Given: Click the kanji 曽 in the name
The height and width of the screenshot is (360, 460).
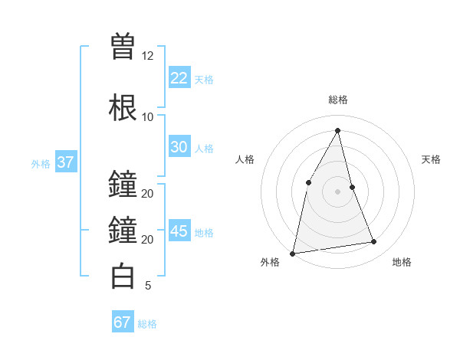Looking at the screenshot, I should coord(123,46).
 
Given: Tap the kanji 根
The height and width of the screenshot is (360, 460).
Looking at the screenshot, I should coord(123,107).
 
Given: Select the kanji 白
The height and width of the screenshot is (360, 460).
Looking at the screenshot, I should coord(123,276).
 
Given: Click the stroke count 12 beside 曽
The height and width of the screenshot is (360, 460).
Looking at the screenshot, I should coord(147,56).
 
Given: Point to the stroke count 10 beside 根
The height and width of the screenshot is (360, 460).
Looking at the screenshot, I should coord(147,117).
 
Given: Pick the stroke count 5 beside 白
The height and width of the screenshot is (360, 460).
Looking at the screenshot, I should coord(147,286).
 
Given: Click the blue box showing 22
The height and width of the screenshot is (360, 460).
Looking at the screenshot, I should coord(179,77).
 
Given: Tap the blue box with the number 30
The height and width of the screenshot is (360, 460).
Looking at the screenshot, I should coord(179,147).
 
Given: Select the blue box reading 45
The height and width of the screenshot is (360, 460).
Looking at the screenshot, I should coord(179,231).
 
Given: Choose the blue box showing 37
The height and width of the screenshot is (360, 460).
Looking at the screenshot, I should coord(65,162).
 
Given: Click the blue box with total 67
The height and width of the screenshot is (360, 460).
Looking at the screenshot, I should coord(123,322).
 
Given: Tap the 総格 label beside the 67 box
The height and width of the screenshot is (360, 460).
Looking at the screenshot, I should coord(147,324).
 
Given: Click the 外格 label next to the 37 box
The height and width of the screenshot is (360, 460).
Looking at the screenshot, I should coord(41,164).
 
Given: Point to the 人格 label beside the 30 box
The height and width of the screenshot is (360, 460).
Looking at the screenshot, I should coord(204,149).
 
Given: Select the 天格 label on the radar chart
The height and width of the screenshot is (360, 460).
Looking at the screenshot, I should coord(432,159).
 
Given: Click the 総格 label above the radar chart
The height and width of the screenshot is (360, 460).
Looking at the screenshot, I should coord(337,100).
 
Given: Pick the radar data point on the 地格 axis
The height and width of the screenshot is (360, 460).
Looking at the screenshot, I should coord(374,242).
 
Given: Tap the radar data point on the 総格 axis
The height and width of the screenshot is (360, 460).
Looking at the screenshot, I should coord(337,130).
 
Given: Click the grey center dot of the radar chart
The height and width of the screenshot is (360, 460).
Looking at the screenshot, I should coord(337,191).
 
